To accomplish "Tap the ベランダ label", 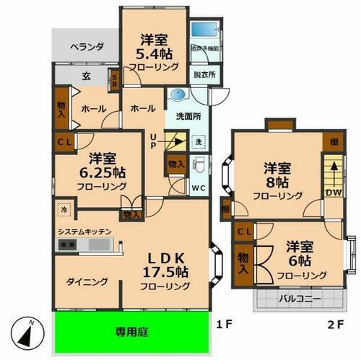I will point(87,47).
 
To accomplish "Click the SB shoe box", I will point(114,80).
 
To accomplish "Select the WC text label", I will point(199,189).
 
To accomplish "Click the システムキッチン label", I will point(85,231).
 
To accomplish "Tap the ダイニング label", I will point(89,281).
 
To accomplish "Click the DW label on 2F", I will point(332,192).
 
